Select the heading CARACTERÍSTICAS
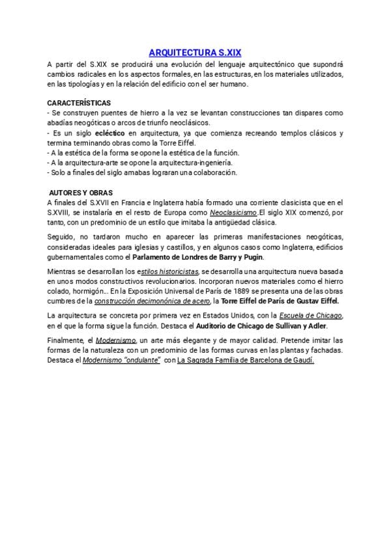pos(79,103)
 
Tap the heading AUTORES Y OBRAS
pos(81,193)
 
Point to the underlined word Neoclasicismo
pos(233,213)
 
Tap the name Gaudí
pos(303,360)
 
